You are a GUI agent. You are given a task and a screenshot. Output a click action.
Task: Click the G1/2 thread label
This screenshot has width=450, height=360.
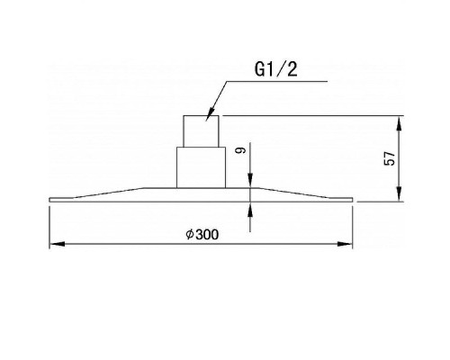276,69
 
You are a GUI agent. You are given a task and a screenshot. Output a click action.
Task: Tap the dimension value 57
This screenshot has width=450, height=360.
390,158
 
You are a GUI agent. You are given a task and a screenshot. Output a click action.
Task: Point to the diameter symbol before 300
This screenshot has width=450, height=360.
190,234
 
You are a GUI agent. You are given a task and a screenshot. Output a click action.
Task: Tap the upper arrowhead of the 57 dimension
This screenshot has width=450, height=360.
399,123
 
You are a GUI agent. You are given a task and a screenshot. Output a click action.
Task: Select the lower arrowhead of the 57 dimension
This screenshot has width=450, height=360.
399,193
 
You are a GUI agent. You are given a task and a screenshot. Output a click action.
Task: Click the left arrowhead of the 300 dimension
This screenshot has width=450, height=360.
57,244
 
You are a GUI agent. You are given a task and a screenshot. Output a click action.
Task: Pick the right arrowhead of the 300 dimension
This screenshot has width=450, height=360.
345,244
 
